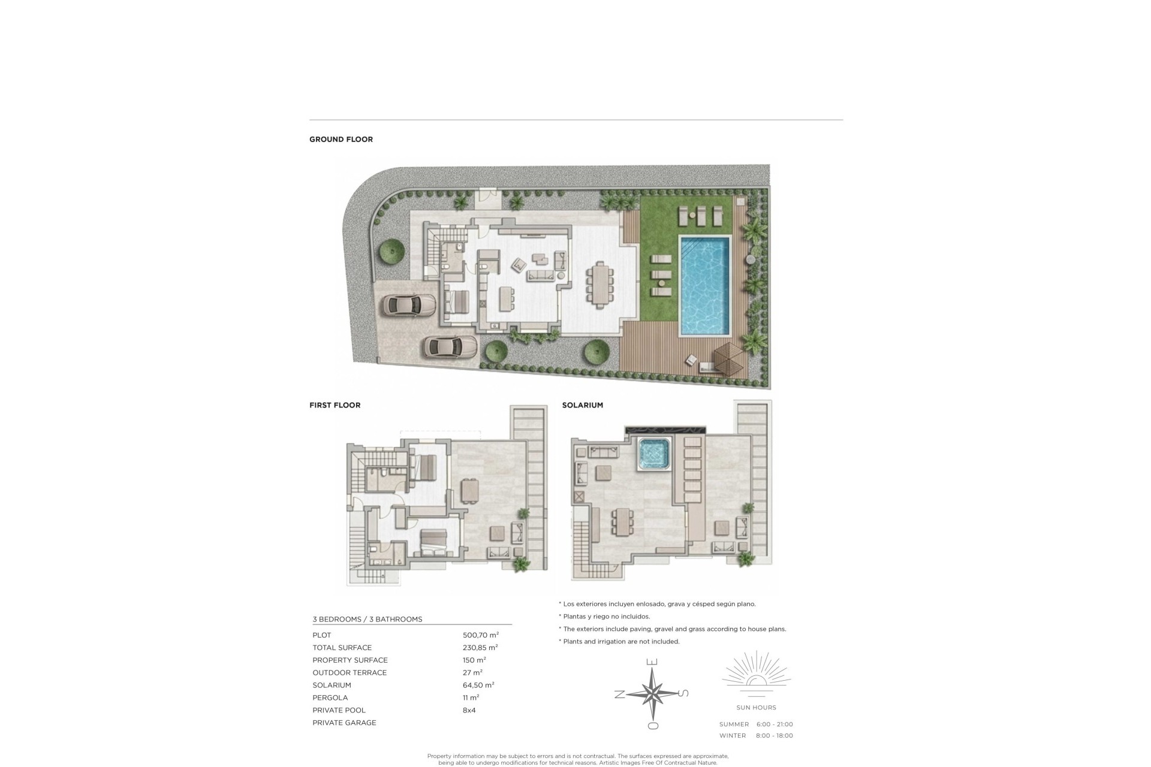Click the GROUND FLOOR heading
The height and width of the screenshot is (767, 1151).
click(341, 139)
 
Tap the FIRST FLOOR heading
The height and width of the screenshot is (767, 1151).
click(335, 405)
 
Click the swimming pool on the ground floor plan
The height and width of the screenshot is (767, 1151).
click(705, 286)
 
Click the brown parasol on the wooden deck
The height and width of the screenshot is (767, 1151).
click(725, 359)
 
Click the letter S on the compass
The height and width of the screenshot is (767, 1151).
click(684, 694)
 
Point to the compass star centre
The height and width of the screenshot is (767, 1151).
click(653, 694)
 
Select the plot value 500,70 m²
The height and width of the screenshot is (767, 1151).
click(481, 635)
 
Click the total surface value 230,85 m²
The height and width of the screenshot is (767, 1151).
click(481, 648)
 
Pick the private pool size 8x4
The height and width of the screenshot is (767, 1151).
click(469, 710)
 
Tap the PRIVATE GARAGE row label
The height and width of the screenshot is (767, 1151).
click(345, 723)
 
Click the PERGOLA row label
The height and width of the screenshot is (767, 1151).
click(330, 697)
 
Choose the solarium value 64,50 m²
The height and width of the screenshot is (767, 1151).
click(479, 685)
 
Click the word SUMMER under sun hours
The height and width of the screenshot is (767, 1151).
click(734, 724)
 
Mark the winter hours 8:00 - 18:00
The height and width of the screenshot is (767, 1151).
click(775, 736)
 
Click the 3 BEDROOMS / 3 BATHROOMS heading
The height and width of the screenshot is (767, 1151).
click(367, 620)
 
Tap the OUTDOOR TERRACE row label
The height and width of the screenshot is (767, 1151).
click(349, 672)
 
